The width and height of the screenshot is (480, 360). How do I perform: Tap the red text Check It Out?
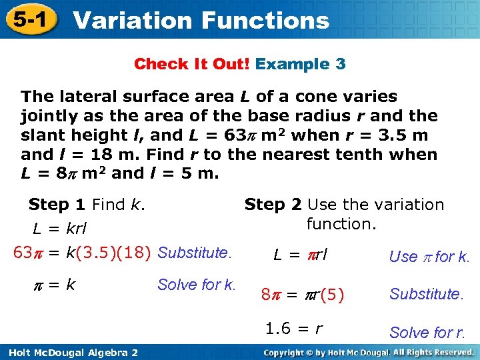(191, 64)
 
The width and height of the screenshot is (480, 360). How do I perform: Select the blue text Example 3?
(301, 64)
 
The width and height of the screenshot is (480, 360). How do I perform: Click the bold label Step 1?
(57, 205)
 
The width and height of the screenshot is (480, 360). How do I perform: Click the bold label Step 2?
(273, 205)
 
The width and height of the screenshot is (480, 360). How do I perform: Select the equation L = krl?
(60, 229)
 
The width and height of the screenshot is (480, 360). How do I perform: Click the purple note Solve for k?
(197, 285)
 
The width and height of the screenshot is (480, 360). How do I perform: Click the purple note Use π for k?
(429, 257)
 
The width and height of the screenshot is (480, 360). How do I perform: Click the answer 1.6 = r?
(294, 328)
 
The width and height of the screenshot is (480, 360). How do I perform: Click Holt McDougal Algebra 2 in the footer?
(69, 352)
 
